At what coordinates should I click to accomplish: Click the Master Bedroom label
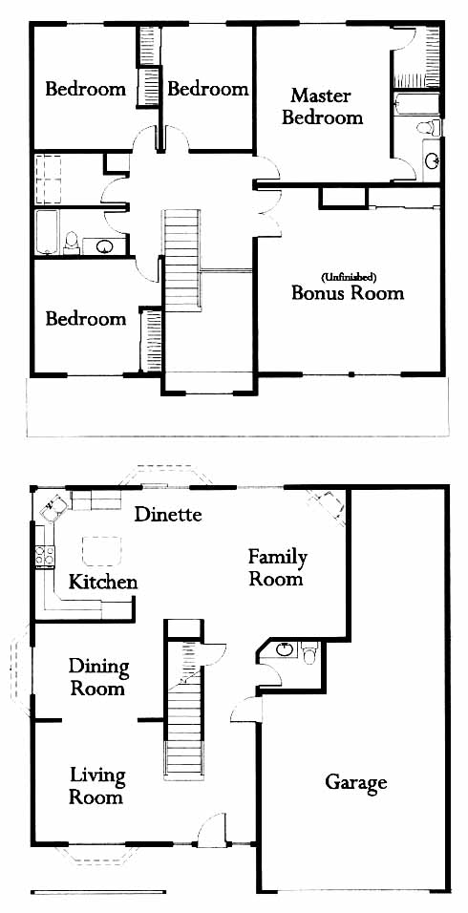[x=322, y=107]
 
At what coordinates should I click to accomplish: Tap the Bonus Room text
[x=348, y=292]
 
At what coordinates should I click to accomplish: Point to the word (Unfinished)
[x=348, y=276]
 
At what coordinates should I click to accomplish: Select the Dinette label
[x=168, y=514]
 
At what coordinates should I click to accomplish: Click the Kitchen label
[x=103, y=582]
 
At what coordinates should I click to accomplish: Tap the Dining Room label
[x=97, y=677]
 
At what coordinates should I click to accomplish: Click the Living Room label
[x=96, y=786]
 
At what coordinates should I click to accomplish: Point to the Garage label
[x=355, y=782]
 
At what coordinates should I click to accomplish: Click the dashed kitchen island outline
[x=102, y=551]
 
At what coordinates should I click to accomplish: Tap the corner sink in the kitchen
[x=52, y=506]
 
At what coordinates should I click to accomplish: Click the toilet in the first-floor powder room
[x=310, y=652]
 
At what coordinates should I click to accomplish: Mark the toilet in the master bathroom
[x=429, y=126]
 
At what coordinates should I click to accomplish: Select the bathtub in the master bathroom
[x=416, y=104]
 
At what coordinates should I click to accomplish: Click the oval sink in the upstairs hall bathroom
[x=104, y=246]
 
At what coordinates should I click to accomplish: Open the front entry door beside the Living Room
[x=211, y=831]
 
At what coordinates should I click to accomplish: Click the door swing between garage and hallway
[x=245, y=709]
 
